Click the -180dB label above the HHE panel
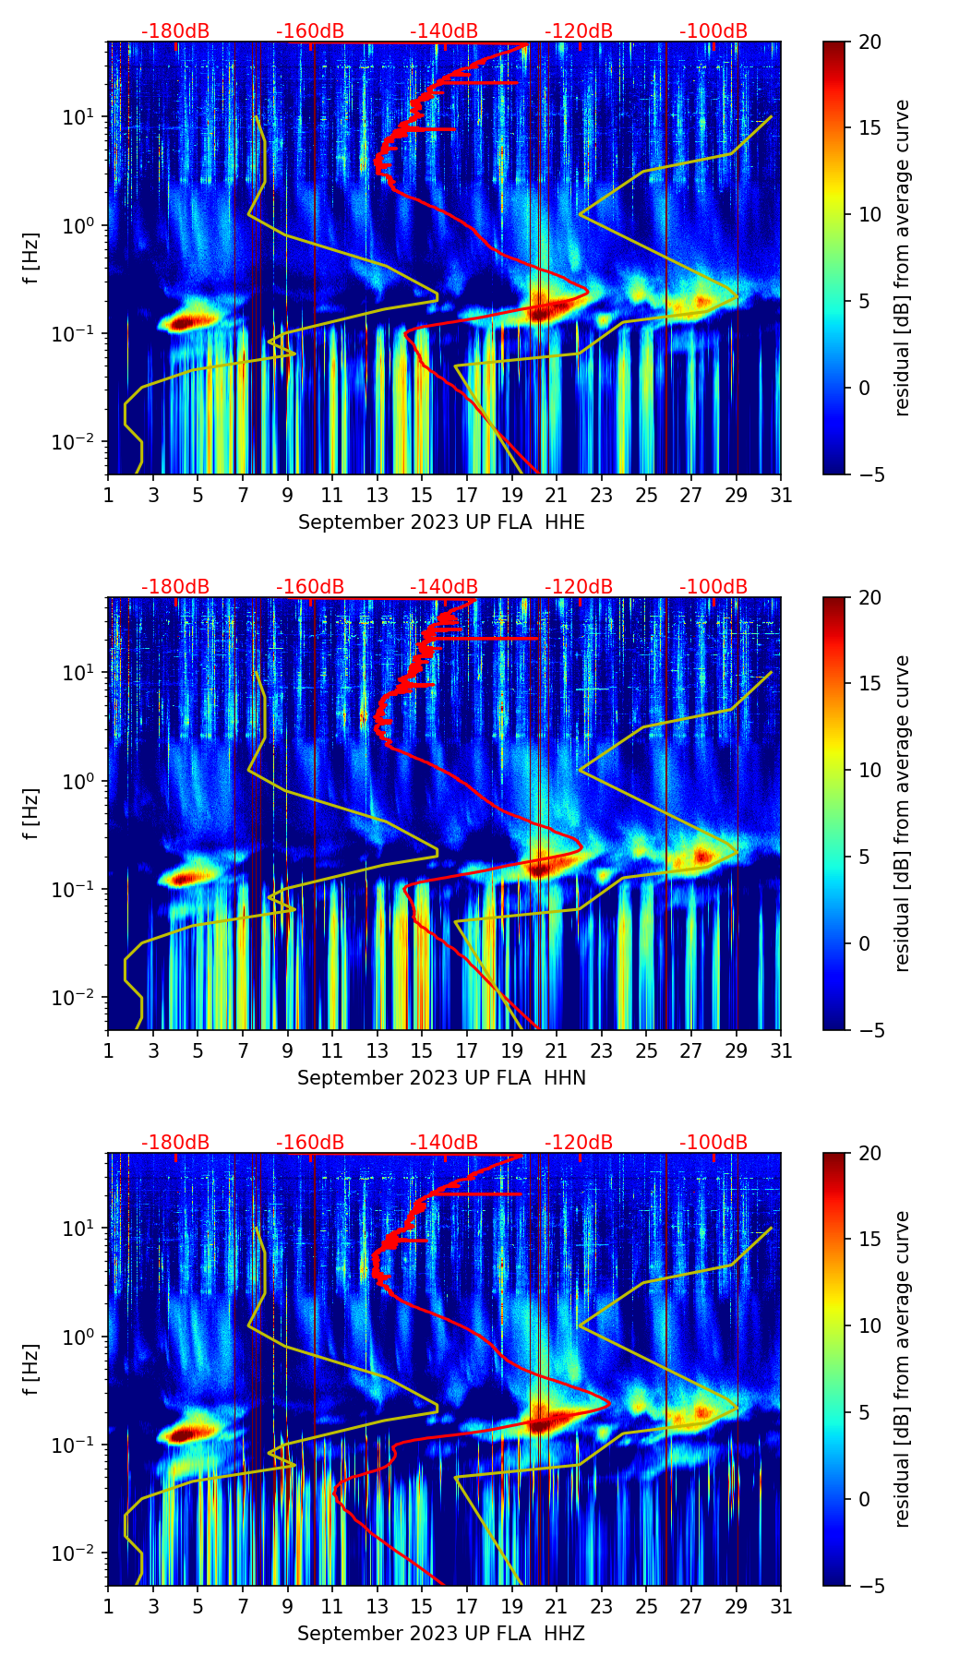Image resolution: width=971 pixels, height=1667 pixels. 175,31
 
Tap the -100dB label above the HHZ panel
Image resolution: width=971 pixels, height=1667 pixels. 713,1143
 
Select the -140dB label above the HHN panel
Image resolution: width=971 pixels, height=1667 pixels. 444,587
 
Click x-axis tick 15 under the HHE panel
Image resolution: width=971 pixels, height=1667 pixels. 422,495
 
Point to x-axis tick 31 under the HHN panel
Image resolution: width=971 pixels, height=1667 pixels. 781,1050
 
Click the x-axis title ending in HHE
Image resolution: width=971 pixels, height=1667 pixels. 441,522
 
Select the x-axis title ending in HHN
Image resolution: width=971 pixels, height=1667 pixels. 441,1078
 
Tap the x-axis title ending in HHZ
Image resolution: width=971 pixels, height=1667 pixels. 441,1634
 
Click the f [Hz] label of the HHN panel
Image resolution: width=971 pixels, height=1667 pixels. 31,813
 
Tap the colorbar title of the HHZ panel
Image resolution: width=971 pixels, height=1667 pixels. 902,1369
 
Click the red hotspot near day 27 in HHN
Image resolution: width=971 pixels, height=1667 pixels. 703,856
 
